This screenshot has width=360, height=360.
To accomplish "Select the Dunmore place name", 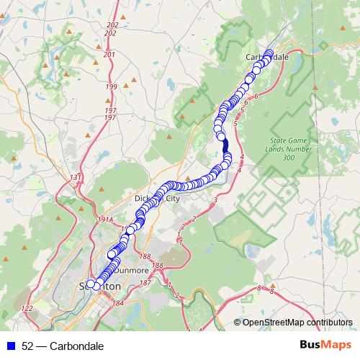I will [x=132, y=271].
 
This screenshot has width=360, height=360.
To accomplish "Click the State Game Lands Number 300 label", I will [x=288, y=148].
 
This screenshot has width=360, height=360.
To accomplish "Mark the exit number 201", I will [x=109, y=54].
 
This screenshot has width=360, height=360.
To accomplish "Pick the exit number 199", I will [x=110, y=87].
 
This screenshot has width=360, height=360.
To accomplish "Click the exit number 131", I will [x=77, y=176].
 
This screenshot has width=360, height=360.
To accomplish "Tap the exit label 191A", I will [x=105, y=220].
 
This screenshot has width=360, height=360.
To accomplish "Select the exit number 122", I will [x=27, y=308].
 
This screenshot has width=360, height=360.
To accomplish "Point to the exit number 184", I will [x=117, y=304].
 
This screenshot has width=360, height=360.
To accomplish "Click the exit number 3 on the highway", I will [x=215, y=199].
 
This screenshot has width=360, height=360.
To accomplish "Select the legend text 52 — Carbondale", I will [x=63, y=346].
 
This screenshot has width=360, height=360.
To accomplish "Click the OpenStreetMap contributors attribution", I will [x=297, y=323].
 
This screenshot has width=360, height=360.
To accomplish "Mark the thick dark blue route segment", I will [x=225, y=147].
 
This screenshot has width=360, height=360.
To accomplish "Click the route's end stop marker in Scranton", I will [x=90, y=284].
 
